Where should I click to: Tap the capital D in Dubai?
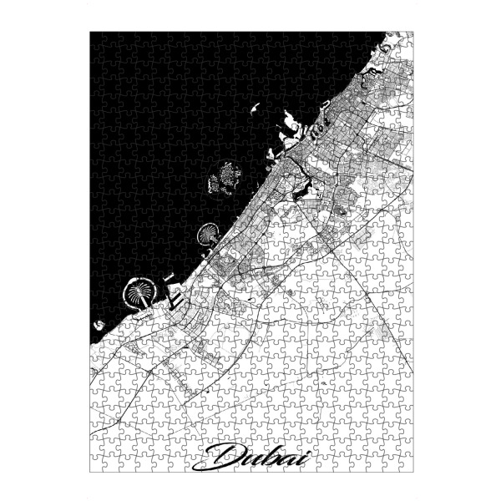(223, 456)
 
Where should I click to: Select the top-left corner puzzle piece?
(98, 39)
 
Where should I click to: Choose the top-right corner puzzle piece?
(406, 39)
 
